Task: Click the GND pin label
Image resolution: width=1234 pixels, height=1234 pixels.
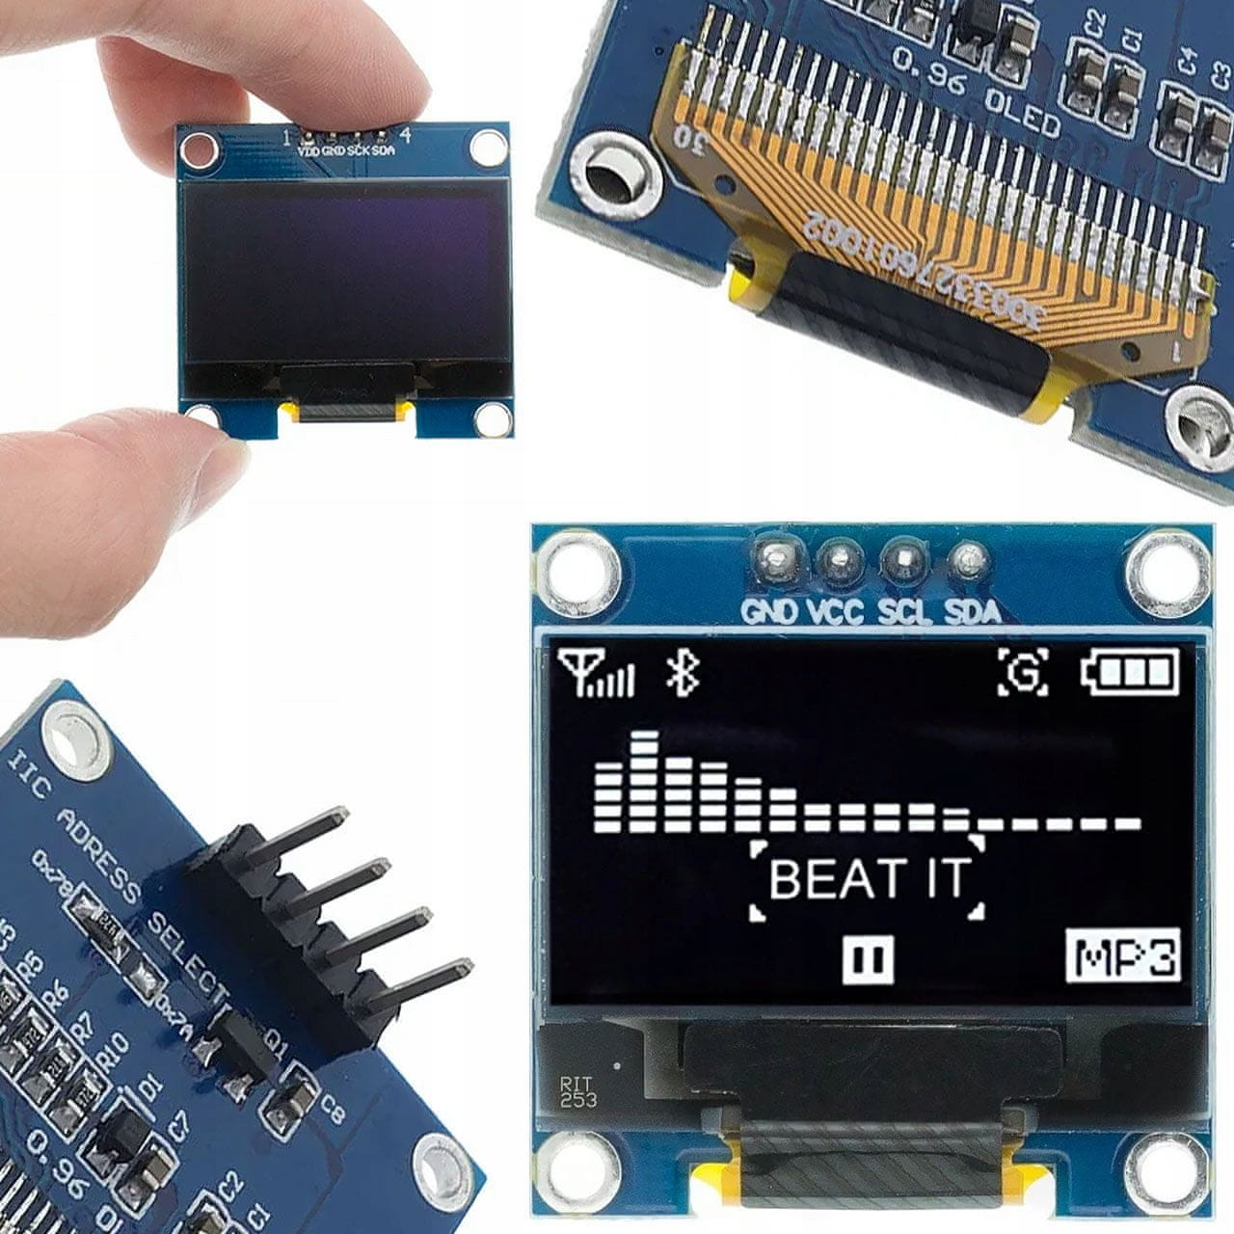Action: point(768,611)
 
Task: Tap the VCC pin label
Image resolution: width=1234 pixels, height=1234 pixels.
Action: point(835,611)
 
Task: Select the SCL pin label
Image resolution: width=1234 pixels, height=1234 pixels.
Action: point(904,611)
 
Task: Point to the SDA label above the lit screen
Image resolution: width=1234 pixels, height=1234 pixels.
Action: point(972,611)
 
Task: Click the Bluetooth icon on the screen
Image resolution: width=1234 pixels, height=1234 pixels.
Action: point(683,672)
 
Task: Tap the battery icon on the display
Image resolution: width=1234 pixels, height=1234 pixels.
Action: point(1130,672)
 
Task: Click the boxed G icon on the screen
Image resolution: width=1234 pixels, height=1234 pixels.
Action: point(1023,672)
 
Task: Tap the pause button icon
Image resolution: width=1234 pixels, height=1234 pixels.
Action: point(868,960)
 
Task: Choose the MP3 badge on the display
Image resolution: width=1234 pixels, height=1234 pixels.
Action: point(1124,957)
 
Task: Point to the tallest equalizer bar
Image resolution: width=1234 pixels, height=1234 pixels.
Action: point(644,781)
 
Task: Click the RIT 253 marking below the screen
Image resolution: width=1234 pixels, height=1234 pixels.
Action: point(577,1092)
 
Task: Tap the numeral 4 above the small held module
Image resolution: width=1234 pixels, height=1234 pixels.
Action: point(406,135)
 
